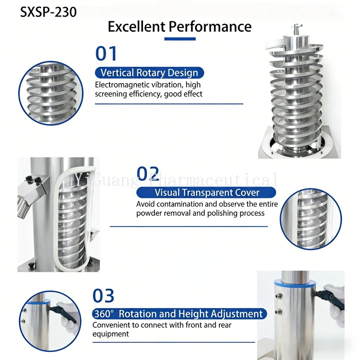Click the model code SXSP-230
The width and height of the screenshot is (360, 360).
(x=48, y=12)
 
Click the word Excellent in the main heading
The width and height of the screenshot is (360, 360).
(x=136, y=26)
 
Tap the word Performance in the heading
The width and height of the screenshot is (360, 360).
(x=210, y=26)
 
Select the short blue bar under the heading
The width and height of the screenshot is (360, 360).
(x=180, y=39)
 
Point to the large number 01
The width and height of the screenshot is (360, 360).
(x=106, y=54)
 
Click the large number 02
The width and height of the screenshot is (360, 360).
(x=148, y=174)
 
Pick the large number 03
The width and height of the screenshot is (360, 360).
(x=103, y=296)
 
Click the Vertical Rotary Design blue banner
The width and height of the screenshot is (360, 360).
(x=150, y=73)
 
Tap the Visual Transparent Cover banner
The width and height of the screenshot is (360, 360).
(x=206, y=192)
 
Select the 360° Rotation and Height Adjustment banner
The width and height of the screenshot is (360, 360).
(x=180, y=314)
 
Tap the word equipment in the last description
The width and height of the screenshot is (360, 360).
(x=111, y=334)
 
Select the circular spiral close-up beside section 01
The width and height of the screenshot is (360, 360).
(x=51, y=93)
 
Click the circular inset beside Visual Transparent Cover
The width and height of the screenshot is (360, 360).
(x=311, y=219)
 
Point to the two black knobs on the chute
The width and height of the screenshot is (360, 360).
(x=34, y=179)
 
